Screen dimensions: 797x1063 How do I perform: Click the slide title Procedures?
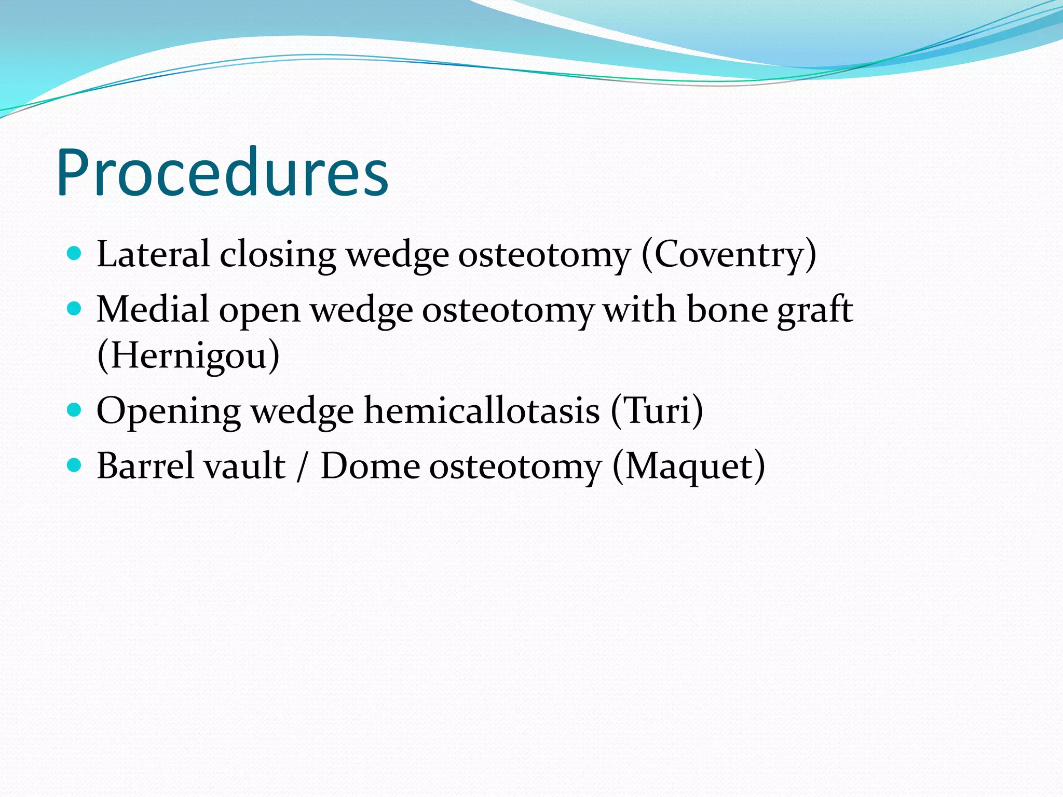click(x=222, y=172)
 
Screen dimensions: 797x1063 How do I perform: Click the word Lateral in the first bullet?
click(x=153, y=254)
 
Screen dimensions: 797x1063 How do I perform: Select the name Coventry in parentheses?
click(x=729, y=254)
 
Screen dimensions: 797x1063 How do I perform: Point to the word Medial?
click(x=153, y=309)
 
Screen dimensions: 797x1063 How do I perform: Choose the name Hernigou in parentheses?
click(x=188, y=355)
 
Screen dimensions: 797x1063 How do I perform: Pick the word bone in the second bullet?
click(x=727, y=309)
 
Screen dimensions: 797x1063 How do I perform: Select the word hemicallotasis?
click(x=482, y=410)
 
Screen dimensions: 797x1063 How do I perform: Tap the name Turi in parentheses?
click(x=657, y=410)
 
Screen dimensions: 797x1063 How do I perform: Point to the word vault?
click(x=244, y=465)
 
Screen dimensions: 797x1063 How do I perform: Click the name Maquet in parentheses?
click(x=688, y=466)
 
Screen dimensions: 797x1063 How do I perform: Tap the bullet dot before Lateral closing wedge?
click(x=75, y=253)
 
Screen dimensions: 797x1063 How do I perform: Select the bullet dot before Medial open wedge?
click(x=75, y=309)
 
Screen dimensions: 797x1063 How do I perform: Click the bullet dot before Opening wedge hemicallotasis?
click(x=75, y=410)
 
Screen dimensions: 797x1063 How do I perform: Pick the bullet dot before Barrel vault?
click(x=75, y=465)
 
